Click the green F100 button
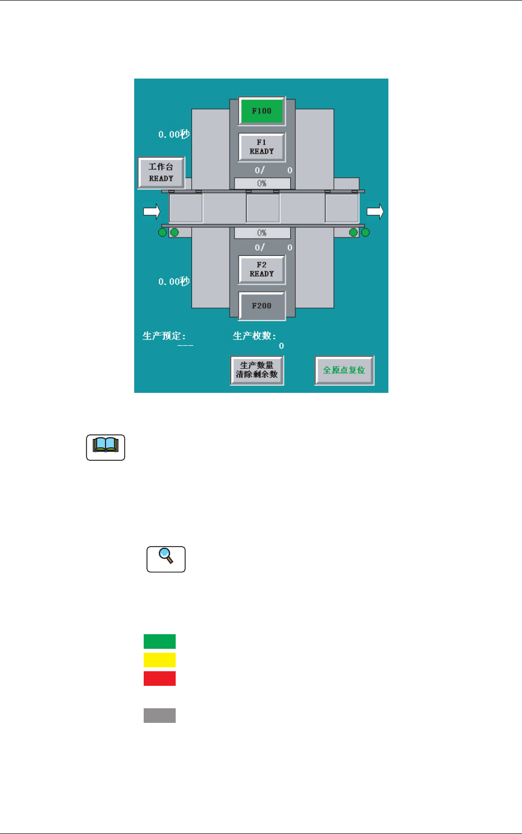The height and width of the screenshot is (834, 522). point(262,111)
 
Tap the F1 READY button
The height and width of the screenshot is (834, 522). point(262,147)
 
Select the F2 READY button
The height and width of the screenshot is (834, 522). point(262,269)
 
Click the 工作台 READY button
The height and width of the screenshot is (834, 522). point(161,172)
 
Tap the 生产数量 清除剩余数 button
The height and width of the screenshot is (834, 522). point(257,370)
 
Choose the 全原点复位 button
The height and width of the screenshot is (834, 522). point(344,370)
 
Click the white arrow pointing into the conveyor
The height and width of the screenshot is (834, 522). point(152,211)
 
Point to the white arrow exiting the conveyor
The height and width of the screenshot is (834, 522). point(376,211)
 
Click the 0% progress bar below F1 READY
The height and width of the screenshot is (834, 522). point(262,184)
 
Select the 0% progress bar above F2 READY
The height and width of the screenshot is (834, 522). point(262,233)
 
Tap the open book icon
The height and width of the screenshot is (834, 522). point(106,447)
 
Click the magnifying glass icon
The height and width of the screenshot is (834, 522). point(166,559)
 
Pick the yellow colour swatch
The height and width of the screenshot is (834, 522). point(159,660)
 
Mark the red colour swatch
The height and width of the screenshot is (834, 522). point(159,679)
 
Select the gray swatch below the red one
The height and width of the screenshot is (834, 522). point(159,716)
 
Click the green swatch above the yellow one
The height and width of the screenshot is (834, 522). point(159,641)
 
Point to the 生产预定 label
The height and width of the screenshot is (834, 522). point(164,336)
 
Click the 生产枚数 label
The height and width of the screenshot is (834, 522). point(254,336)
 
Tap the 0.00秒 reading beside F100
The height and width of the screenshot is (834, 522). point(174,135)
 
